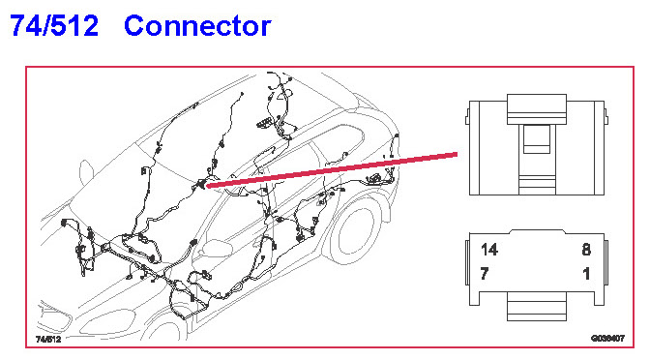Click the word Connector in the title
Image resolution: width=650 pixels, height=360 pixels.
(x=197, y=26)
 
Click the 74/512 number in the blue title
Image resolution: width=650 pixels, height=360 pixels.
(x=54, y=25)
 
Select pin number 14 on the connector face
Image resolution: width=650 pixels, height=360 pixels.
(x=489, y=250)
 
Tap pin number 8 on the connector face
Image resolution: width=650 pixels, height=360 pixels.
(x=586, y=250)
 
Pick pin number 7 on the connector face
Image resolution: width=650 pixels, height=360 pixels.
(x=485, y=274)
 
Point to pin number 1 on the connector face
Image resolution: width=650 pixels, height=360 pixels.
(x=586, y=274)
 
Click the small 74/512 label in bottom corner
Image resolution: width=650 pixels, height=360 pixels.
(x=48, y=340)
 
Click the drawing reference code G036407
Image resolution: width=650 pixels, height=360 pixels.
(x=607, y=339)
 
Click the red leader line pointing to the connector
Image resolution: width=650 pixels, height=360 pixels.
(x=332, y=170)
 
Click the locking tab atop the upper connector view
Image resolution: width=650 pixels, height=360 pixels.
(x=537, y=109)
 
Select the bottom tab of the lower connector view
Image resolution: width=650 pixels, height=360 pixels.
(x=537, y=306)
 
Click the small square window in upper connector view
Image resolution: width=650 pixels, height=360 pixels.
(x=537, y=139)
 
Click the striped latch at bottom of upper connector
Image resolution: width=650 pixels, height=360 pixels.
(x=537, y=185)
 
